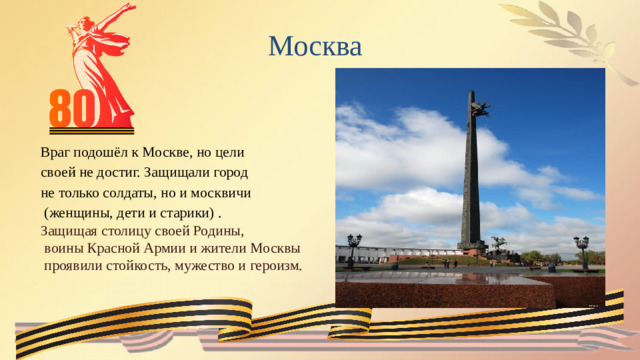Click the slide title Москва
point(315,46)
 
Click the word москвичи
point(223,192)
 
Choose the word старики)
point(186,214)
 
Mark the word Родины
point(221,231)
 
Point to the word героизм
point(272,266)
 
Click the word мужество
point(204,266)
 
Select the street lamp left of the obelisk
point(354,246)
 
